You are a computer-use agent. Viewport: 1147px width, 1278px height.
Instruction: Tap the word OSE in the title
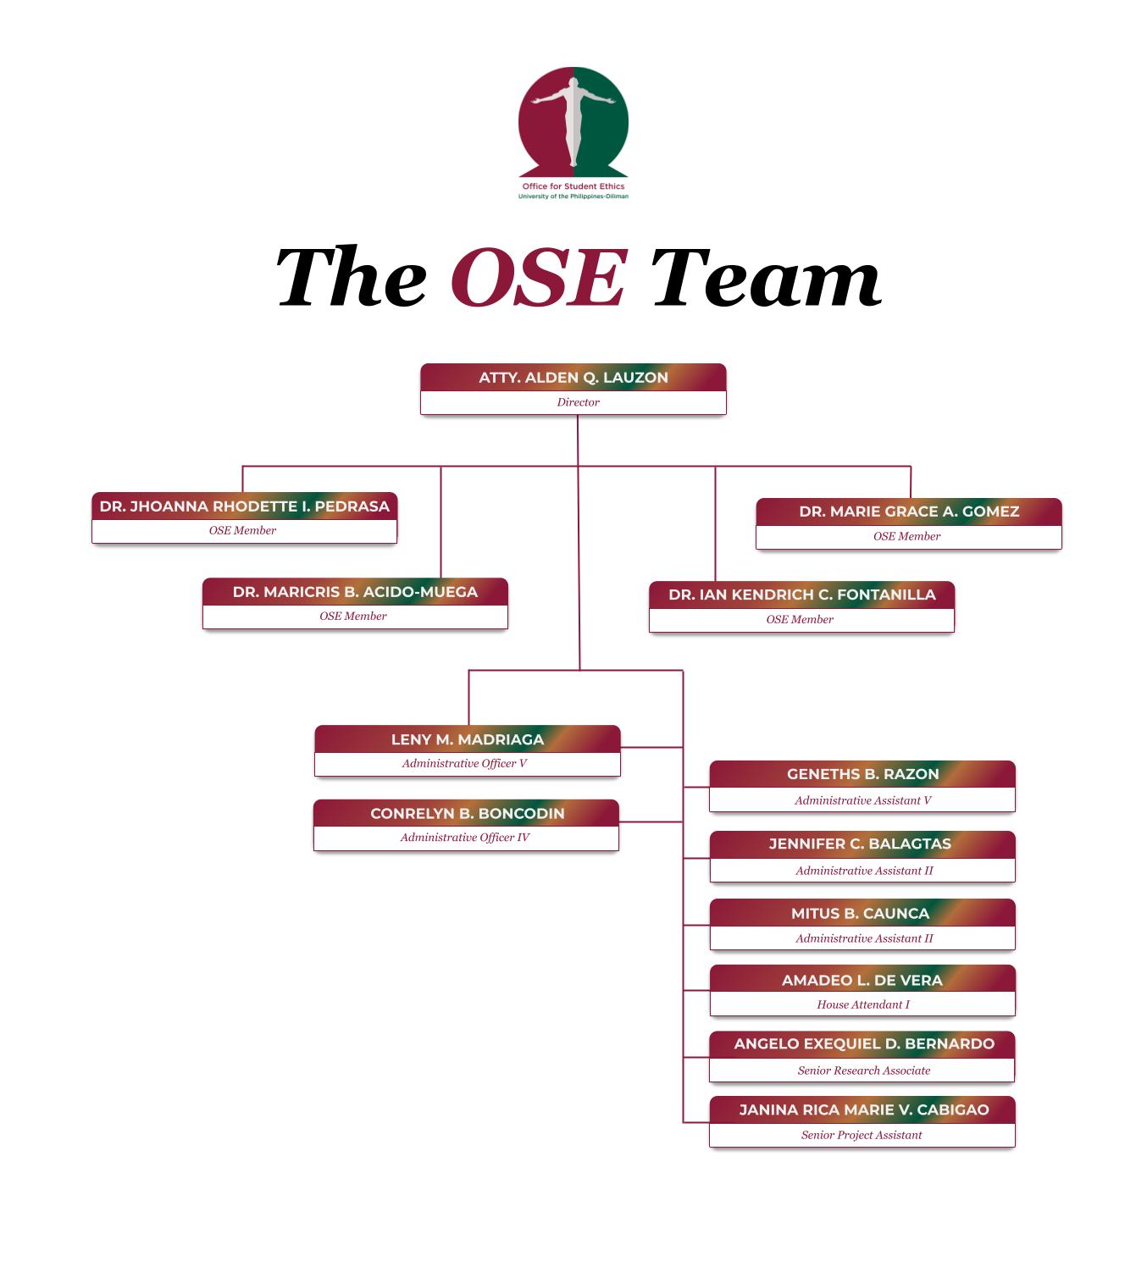[x=539, y=278]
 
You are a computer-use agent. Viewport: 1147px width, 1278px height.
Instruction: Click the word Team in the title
[x=765, y=278]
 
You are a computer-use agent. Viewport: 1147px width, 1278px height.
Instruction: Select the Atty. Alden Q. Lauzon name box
[x=573, y=378]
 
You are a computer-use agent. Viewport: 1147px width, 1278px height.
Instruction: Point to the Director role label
[x=578, y=402]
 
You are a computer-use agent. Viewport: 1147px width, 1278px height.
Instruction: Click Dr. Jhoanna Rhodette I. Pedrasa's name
[x=244, y=506]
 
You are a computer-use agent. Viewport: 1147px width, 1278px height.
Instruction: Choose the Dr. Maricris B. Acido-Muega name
[x=355, y=592]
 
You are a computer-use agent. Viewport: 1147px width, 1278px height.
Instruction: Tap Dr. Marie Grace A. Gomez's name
[x=909, y=512]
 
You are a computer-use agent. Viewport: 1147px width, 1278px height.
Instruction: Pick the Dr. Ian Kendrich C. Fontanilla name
[x=801, y=595]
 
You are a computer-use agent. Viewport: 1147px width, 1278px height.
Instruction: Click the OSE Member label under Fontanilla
[x=800, y=619]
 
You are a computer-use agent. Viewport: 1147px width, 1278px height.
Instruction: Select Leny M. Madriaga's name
[x=468, y=739]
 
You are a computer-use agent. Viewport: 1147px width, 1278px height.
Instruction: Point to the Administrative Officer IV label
[x=465, y=838]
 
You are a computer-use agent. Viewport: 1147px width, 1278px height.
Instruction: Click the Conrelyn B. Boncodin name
[x=467, y=813]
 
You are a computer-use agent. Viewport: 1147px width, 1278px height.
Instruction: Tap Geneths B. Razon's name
[x=862, y=774]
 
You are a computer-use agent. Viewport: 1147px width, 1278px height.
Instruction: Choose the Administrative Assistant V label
[x=862, y=800]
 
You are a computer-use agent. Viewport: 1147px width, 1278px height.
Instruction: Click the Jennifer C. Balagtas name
[x=860, y=844]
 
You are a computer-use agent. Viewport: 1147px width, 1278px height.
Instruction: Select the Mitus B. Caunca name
[x=860, y=913]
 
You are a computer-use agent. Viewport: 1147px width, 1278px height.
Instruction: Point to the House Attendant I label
[x=862, y=1004]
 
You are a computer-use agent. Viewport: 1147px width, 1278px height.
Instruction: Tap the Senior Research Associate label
[x=863, y=1071]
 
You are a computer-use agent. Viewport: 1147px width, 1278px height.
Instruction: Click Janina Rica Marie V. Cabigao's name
[x=863, y=1109]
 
